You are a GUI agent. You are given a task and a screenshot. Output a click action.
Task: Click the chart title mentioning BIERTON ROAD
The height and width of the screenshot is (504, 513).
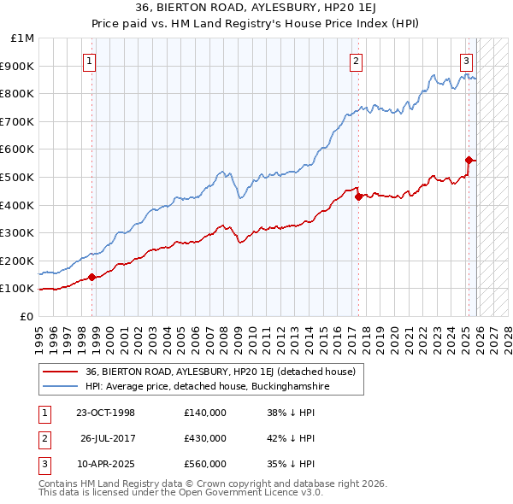pos(256,7)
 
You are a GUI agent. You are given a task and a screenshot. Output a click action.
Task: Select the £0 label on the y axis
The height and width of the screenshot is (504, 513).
pos(27,316)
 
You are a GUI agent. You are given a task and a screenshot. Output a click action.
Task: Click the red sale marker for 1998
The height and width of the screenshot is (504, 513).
pos(91,277)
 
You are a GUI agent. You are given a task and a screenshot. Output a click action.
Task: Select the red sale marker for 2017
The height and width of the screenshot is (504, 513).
pos(358,196)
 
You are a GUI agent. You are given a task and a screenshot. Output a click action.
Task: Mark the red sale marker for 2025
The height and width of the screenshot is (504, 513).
pos(469,160)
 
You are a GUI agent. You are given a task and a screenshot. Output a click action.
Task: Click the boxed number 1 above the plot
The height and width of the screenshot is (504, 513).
pos(90,60)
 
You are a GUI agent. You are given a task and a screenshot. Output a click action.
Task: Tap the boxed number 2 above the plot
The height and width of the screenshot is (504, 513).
pos(356,60)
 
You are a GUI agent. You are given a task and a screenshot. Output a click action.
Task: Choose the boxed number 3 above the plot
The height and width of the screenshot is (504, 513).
pos(466,60)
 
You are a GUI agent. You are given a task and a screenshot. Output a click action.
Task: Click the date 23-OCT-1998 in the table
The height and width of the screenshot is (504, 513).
pos(105,413)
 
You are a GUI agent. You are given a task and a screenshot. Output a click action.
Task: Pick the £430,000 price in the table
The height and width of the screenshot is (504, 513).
pos(205,438)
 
